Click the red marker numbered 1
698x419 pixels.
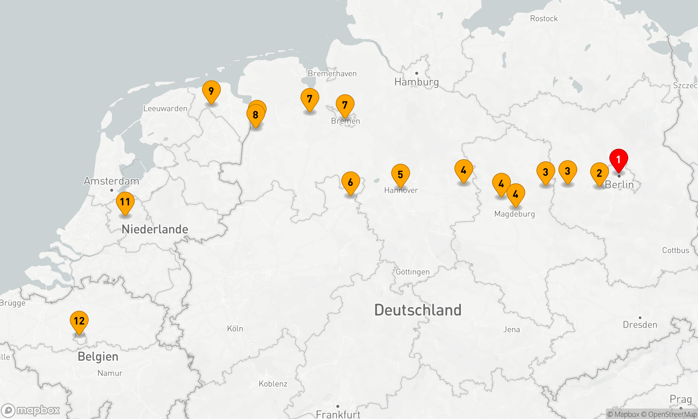click(x=618, y=160)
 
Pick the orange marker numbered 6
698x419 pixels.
click(x=350, y=183)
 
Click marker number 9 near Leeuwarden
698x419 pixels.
click(x=211, y=91)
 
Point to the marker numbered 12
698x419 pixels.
click(x=79, y=321)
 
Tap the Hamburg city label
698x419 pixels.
click(x=416, y=82)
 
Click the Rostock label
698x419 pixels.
click(x=544, y=19)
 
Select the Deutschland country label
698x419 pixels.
click(x=418, y=310)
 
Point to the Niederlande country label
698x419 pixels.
click(x=155, y=229)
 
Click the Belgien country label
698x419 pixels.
click(x=98, y=357)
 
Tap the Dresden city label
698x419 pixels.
click(x=640, y=325)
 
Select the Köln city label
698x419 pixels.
click(x=235, y=329)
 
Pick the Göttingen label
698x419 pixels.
click(x=413, y=272)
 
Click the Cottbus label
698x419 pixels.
click(x=676, y=250)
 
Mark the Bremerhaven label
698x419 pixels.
click(x=332, y=74)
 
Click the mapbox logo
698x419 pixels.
click(x=31, y=410)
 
